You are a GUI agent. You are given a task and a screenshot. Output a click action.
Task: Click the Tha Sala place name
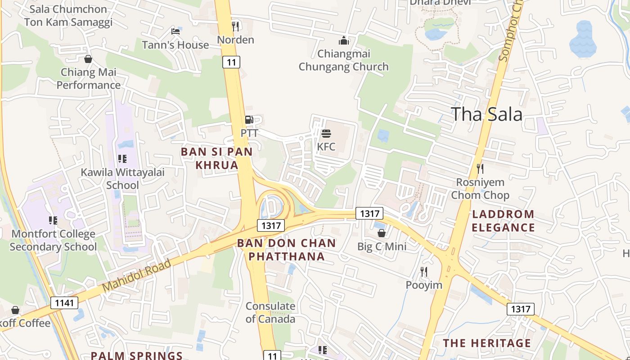point(486,114)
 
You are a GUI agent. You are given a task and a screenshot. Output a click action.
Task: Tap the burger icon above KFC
point(326,133)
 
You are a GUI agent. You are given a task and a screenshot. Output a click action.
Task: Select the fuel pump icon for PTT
point(249,120)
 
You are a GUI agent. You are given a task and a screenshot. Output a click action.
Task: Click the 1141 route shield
point(64,303)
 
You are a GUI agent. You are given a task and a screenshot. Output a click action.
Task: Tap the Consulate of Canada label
point(270,313)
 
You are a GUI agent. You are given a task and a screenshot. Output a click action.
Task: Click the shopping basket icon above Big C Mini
point(382,233)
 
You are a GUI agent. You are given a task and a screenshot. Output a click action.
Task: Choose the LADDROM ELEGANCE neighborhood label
point(503,221)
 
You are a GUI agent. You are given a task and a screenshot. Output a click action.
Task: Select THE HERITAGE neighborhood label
point(487,343)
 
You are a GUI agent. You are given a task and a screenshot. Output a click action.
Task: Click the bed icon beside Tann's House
point(175,31)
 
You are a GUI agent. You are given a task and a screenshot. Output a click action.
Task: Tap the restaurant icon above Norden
point(235,27)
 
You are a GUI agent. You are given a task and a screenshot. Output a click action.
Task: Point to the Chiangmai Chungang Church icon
point(344,41)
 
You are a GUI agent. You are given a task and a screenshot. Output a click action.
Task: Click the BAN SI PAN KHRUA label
point(216,158)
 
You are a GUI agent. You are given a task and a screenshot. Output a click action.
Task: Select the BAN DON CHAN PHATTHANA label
point(287,250)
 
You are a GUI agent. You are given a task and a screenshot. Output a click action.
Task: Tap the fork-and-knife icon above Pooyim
point(424,271)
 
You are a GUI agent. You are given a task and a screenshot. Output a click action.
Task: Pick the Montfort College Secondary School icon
point(53,220)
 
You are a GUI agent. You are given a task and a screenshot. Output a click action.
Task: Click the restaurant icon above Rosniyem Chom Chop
point(480,169)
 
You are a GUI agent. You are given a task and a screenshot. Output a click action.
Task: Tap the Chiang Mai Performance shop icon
point(88,59)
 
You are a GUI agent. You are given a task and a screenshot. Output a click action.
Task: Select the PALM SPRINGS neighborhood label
point(137,355)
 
